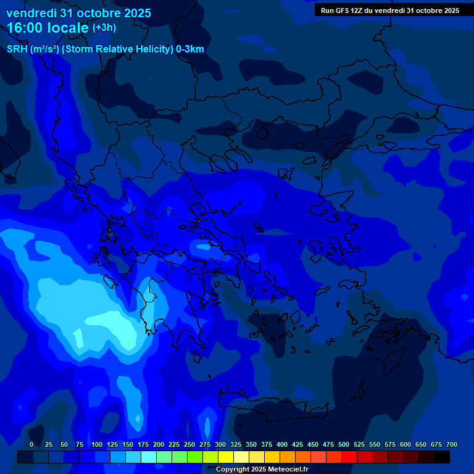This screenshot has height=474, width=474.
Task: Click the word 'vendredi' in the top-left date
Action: (31, 13)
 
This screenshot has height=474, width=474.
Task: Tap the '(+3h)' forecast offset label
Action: (104, 28)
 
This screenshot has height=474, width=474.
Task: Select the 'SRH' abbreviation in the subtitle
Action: (17, 49)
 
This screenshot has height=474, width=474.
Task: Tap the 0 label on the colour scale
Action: (31, 444)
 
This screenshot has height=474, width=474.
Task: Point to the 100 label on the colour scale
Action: (97, 444)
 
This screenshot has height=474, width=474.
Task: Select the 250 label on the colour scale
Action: (189, 444)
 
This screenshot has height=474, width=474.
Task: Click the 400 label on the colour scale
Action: (282, 444)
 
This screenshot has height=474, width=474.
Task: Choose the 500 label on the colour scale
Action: (344, 444)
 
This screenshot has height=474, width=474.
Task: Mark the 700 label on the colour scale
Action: (452, 444)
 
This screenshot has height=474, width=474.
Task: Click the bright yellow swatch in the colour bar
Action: (226, 457)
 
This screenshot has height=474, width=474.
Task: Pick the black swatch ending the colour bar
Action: (442, 457)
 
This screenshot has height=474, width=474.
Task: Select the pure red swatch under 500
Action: (349, 457)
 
